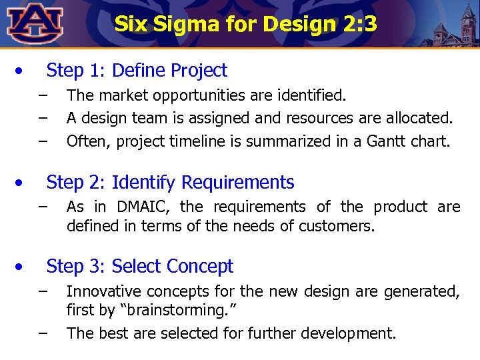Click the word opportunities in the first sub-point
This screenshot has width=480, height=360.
click(209, 96)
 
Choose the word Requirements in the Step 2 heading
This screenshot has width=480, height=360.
click(237, 182)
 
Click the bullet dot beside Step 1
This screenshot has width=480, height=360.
click(21, 70)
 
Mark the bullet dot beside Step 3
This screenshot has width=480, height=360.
click(21, 267)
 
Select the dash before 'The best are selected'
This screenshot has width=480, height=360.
click(43, 332)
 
